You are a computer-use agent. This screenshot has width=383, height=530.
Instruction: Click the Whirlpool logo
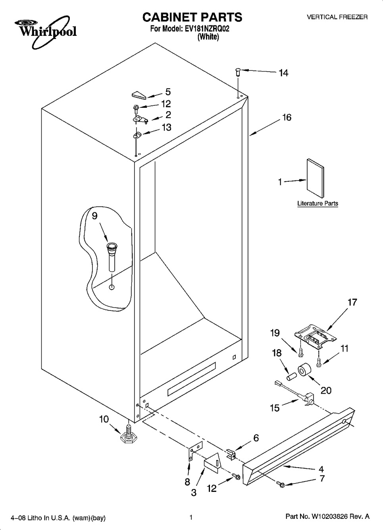click(x=46, y=31)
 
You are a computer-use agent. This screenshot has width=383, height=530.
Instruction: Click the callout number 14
click(x=283, y=73)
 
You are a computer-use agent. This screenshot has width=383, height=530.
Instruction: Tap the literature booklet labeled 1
click(x=315, y=178)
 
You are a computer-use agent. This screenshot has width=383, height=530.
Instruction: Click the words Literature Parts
click(x=318, y=203)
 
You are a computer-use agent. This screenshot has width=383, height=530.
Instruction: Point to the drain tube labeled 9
click(x=112, y=257)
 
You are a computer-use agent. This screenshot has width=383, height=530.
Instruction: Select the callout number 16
click(x=287, y=117)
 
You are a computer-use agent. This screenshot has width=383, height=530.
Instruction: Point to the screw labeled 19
click(x=300, y=353)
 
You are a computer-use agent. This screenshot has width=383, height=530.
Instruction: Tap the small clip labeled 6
click(x=231, y=453)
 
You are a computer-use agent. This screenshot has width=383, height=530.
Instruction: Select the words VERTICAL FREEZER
click(x=337, y=17)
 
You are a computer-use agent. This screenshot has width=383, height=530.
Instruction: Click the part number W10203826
click(x=330, y=516)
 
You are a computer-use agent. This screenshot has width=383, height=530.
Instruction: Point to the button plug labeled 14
click(x=238, y=72)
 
